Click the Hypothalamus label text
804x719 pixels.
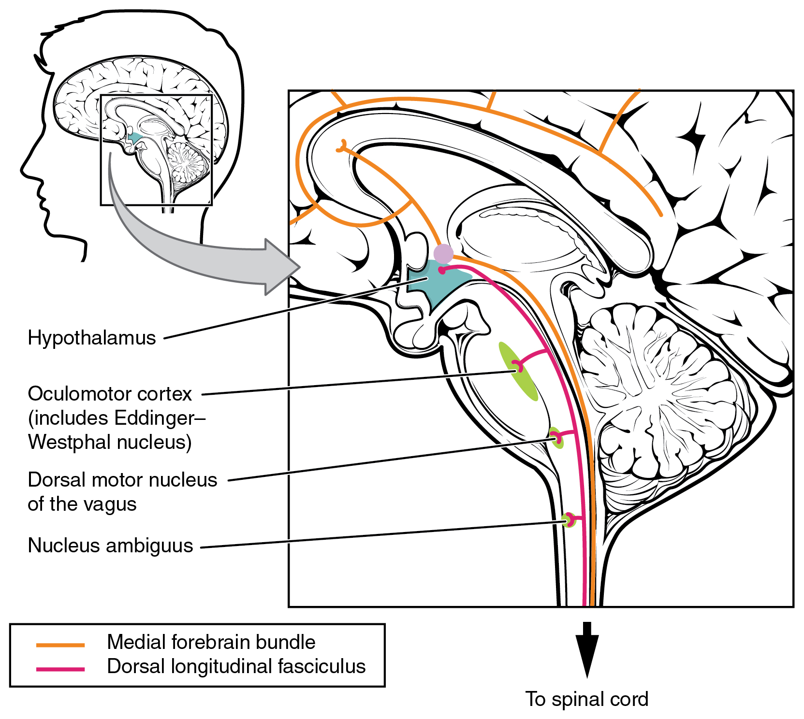pyautogui.click(x=92, y=338)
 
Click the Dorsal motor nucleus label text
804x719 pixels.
pyautogui.click(x=122, y=480)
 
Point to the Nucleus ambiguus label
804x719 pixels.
pyautogui.click(x=110, y=546)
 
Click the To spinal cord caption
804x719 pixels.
pyautogui.click(x=586, y=699)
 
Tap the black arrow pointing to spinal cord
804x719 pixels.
pyautogui.click(x=587, y=650)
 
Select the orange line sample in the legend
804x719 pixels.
pyautogui.click(x=60, y=645)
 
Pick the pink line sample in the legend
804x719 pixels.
pyautogui.click(x=60, y=669)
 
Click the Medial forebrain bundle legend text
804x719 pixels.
pyautogui.click(x=211, y=642)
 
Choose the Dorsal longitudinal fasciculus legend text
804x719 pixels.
pyautogui.click(x=236, y=666)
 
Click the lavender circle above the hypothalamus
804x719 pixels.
pyautogui.click(x=443, y=253)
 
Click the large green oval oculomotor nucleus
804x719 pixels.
pyautogui.click(x=518, y=372)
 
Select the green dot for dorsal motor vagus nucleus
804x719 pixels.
pyautogui.click(x=556, y=437)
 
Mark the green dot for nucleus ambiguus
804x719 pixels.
pyautogui.click(x=569, y=520)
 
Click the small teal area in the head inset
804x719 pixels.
pyautogui.click(x=135, y=139)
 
